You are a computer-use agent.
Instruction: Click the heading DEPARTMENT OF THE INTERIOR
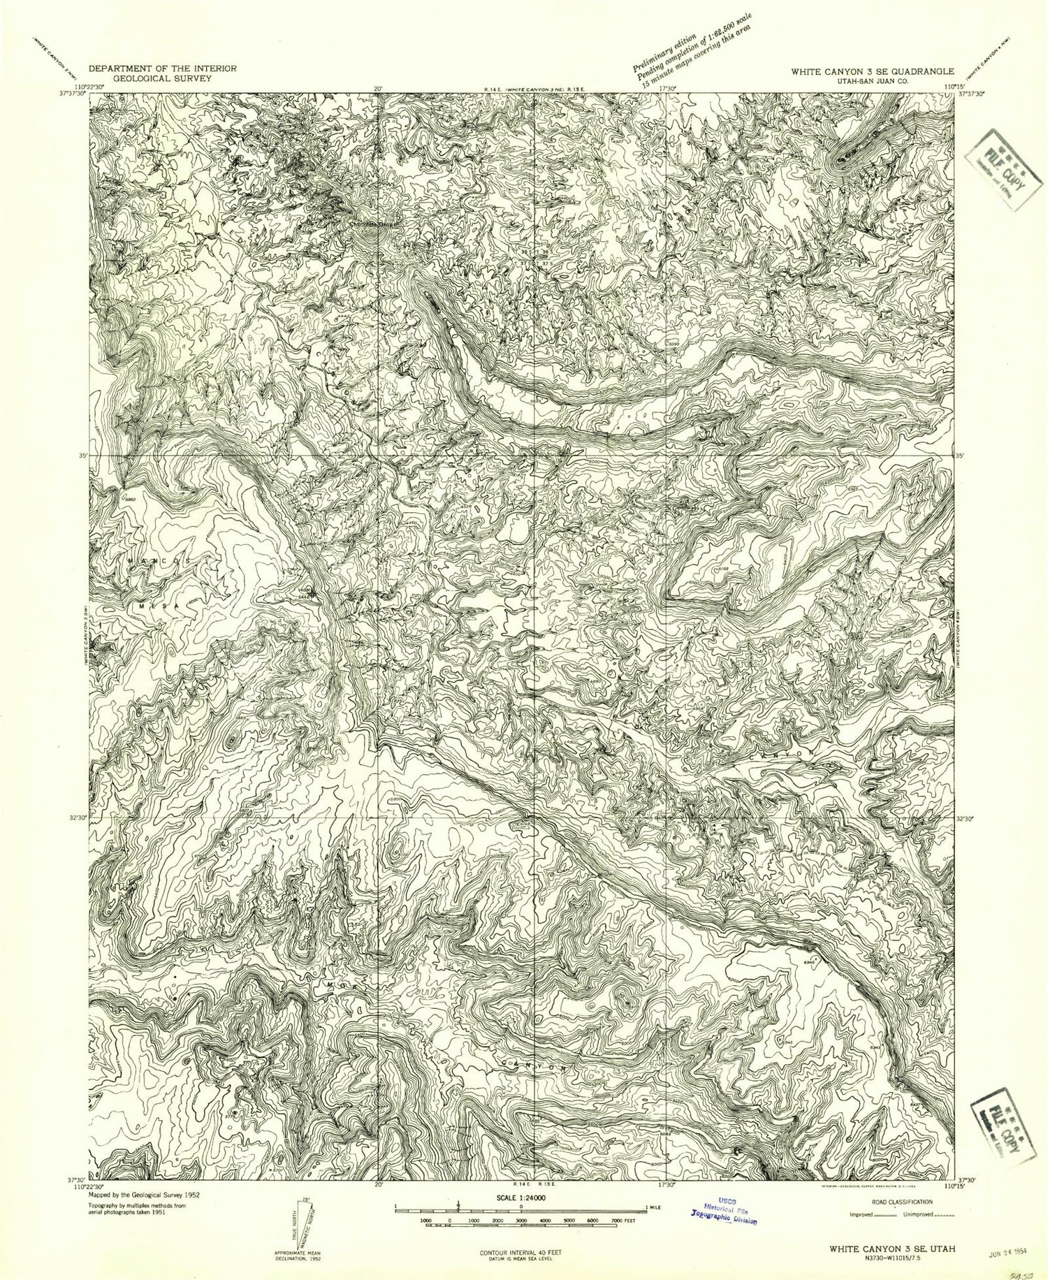[162, 68]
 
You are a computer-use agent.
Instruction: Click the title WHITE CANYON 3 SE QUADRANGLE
[872, 71]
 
